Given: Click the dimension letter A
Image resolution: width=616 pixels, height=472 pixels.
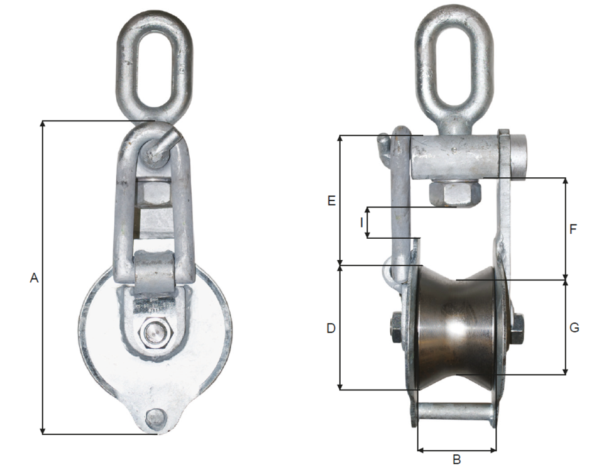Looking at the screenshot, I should (35, 277).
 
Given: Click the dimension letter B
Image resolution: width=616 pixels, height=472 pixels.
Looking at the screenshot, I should (457, 459).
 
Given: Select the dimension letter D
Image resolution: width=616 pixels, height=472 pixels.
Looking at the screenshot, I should (331, 328).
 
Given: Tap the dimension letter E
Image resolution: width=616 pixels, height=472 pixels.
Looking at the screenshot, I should (331, 200).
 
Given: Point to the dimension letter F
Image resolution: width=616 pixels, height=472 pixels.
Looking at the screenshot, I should (573, 229).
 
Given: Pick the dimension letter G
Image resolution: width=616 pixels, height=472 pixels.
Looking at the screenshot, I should (573, 327).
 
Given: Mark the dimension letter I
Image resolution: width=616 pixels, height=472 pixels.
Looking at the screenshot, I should (361, 222).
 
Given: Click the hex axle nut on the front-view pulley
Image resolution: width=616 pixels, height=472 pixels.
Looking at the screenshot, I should (153, 333).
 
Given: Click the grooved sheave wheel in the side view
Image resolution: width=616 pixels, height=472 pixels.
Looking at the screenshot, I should (458, 327).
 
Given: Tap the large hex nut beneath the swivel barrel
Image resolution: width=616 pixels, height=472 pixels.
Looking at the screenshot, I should (454, 192).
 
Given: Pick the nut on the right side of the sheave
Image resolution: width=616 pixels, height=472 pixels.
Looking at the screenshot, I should (517, 327).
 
